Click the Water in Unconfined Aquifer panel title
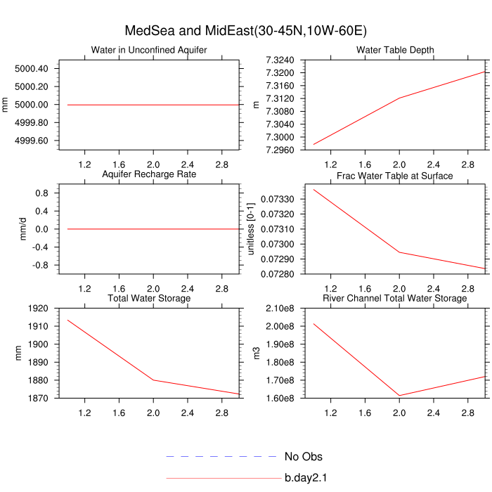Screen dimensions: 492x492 click(x=149, y=50)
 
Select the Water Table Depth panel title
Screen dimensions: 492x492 click(x=395, y=50)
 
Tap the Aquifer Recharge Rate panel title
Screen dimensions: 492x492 click(x=149, y=174)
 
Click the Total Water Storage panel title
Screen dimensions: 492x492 click(x=149, y=299)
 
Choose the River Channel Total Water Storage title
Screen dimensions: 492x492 click(x=395, y=299)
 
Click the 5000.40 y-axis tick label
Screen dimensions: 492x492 click(x=30, y=69)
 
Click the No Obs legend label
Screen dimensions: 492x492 click(x=303, y=457)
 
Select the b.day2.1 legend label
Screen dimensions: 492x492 click(x=306, y=479)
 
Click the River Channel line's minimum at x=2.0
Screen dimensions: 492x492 click(x=399, y=396)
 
